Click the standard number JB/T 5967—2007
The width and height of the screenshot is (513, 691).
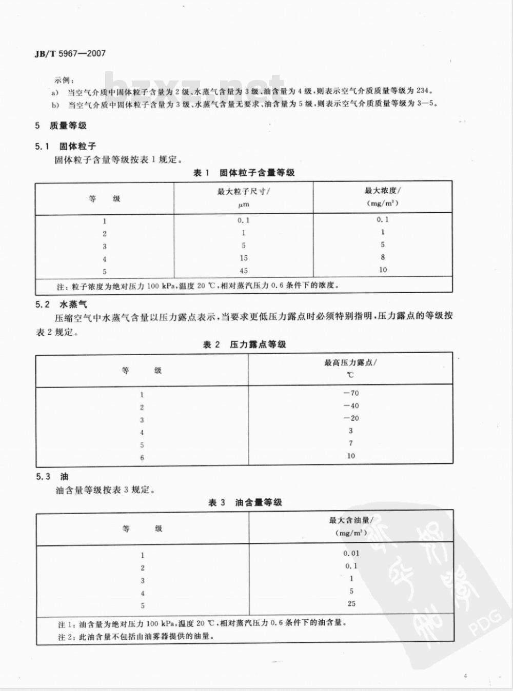click(x=70, y=53)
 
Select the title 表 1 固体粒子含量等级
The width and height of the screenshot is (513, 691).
click(x=244, y=173)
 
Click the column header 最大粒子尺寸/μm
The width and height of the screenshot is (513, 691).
click(x=243, y=197)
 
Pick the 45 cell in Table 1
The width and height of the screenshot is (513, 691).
click(x=243, y=271)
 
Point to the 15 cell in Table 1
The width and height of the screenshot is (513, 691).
click(x=243, y=258)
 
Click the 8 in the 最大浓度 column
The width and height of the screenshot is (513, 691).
click(x=383, y=257)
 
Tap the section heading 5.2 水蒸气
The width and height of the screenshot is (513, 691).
click(x=61, y=304)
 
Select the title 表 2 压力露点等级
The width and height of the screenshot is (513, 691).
click(x=244, y=344)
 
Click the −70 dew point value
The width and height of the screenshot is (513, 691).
click(x=351, y=393)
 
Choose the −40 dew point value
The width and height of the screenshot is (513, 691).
click(x=351, y=405)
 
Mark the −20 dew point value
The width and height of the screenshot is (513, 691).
click(x=351, y=418)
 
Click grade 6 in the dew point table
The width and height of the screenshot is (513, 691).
click(x=142, y=458)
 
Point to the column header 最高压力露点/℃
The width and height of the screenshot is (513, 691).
click(x=350, y=369)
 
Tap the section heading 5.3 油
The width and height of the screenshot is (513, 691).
click(x=52, y=477)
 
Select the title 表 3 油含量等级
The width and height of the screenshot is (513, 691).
click(x=245, y=502)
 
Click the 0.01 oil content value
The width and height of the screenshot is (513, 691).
click(x=351, y=554)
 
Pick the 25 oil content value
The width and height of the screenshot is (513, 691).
click(x=351, y=603)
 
